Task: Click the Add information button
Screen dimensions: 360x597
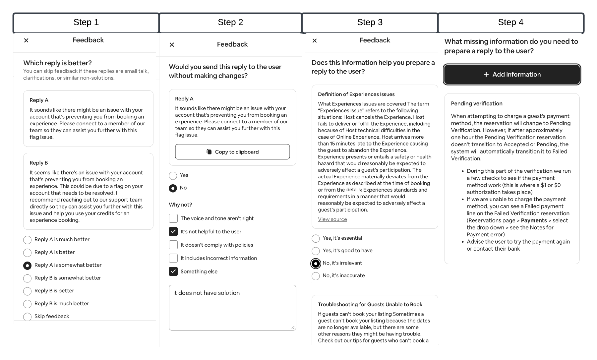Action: [512, 75]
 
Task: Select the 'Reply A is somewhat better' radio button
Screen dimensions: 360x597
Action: [28, 266]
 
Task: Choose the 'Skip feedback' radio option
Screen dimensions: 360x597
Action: [28, 317]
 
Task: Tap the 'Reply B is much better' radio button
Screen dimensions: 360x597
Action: [28, 304]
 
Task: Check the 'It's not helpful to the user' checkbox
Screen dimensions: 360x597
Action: [173, 231]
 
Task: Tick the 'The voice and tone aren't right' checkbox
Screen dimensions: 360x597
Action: [173, 218]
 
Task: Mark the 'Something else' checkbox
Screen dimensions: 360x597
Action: [173, 271]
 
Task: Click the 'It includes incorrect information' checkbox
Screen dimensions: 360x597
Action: [173, 258]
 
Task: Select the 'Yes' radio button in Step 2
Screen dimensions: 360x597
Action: [173, 176]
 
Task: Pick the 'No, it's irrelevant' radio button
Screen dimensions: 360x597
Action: [316, 264]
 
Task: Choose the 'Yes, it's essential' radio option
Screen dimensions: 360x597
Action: [316, 239]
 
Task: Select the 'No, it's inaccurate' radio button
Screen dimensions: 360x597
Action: [316, 276]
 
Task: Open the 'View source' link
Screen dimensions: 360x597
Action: [332, 219]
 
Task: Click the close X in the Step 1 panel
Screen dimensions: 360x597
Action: [26, 40]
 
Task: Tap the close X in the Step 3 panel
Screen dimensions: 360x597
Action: [315, 40]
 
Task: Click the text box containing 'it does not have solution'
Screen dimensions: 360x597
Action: [232, 307]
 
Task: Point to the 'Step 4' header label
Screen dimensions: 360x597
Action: [510, 23]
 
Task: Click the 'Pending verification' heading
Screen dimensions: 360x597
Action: [477, 104]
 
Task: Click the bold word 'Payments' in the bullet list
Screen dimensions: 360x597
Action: [534, 220]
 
